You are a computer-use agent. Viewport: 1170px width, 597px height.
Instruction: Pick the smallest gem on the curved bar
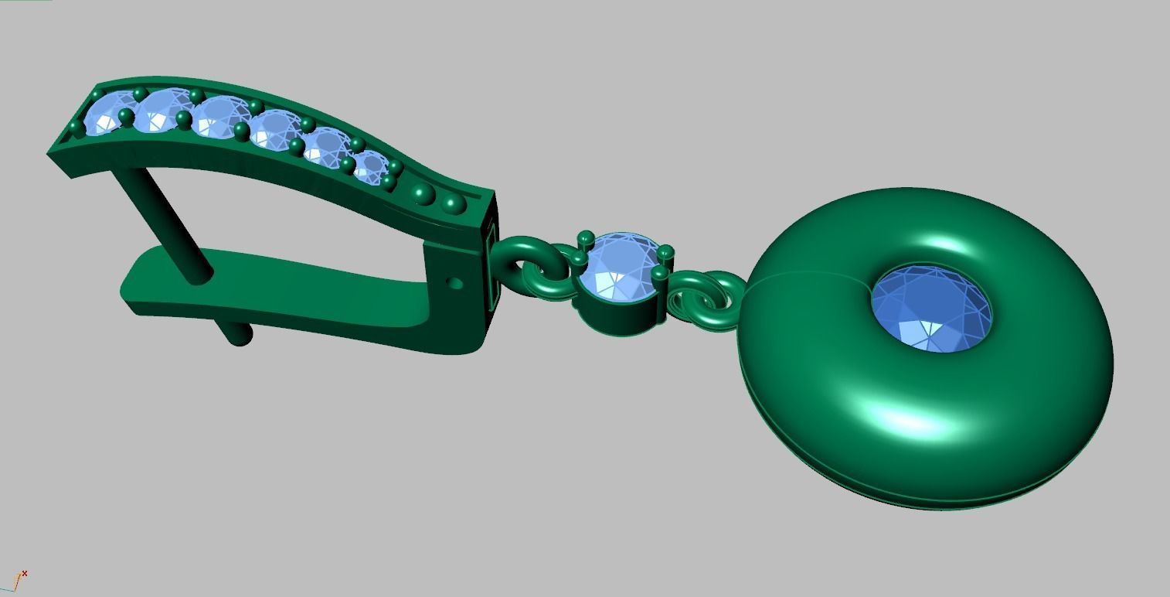click(370, 166)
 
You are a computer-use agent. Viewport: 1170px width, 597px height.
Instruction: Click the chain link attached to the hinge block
click(525, 259)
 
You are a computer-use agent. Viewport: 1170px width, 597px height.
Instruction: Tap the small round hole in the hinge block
click(455, 284)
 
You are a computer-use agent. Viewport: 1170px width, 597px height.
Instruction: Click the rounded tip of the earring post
click(241, 335)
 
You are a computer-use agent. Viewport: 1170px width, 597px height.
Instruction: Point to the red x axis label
click(25, 573)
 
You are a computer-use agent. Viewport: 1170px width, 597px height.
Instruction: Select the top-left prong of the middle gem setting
click(585, 238)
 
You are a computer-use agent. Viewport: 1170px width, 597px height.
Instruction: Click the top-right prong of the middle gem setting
click(666, 252)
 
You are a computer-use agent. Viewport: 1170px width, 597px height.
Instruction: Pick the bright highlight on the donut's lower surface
click(912, 421)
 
